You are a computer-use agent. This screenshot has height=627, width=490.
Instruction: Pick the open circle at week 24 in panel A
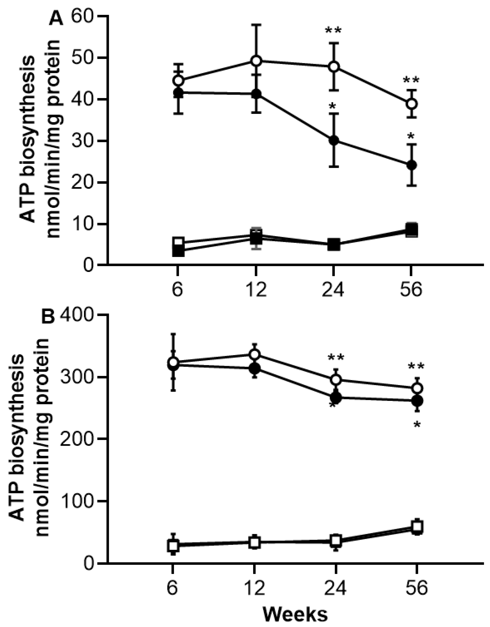[x=334, y=67]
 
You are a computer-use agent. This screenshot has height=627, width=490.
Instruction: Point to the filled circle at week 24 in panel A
[x=334, y=141]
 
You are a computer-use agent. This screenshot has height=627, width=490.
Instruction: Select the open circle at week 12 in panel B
[x=255, y=355]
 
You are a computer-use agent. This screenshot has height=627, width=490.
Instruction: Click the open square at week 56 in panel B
[x=417, y=527]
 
